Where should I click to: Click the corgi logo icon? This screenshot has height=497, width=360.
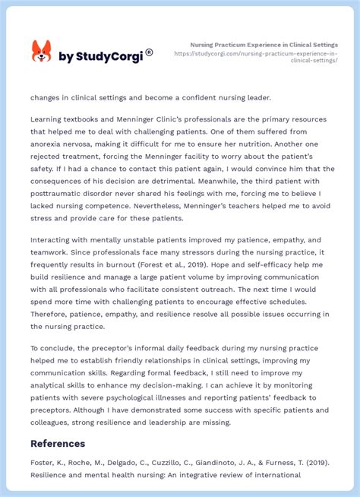[x=41, y=52]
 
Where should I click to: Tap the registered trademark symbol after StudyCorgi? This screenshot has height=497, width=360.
[x=149, y=52]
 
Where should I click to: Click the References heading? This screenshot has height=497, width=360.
[x=58, y=443]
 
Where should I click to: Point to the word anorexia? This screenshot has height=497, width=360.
[x=50, y=143]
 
